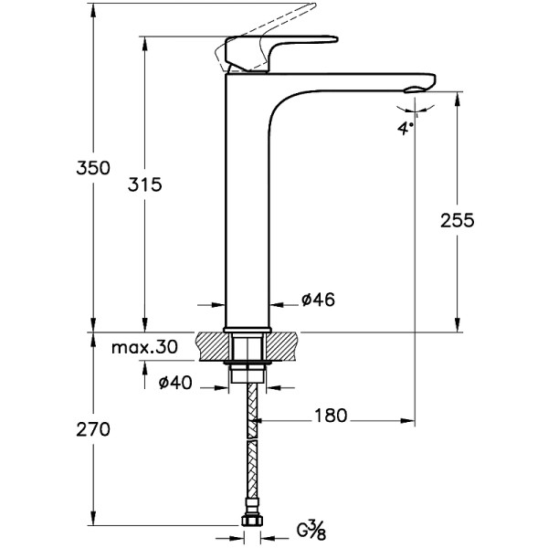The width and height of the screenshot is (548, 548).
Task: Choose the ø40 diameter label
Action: [x=174, y=384]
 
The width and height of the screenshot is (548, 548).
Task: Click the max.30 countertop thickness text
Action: [x=145, y=348]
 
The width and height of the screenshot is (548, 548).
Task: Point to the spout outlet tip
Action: [x=418, y=87]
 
